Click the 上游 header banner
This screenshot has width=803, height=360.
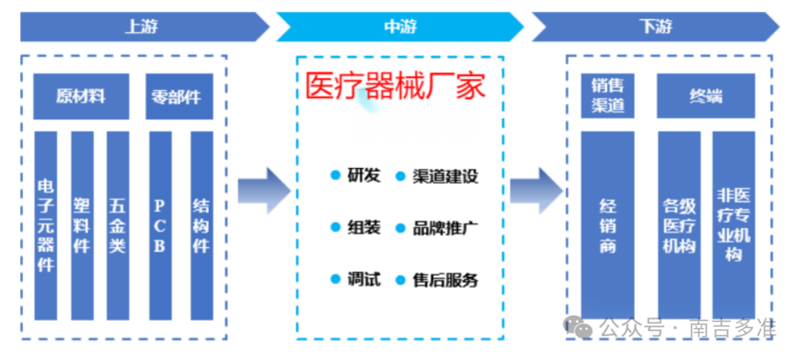point(141,28)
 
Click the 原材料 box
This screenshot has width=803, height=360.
point(80,97)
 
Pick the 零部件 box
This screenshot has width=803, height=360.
point(178,97)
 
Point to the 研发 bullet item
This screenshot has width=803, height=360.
point(356,176)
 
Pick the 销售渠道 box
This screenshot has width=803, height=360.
point(607,96)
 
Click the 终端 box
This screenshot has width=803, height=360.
point(705,96)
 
